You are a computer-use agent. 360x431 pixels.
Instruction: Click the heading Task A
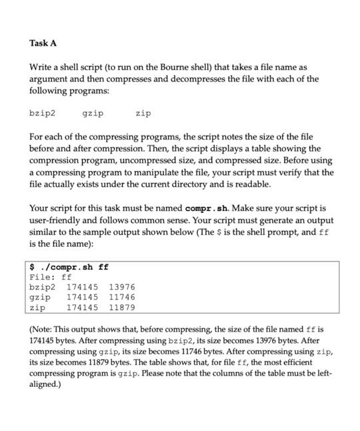43,43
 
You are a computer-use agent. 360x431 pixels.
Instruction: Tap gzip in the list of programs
93,114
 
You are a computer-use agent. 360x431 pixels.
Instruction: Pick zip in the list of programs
143,114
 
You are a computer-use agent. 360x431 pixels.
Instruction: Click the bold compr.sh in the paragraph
209,208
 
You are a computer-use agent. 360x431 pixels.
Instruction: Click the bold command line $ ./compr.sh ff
69,267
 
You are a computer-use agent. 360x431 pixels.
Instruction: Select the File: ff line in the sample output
51,277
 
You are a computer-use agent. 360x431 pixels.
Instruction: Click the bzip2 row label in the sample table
43,288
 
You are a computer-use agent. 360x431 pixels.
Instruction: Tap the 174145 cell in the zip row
82,308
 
